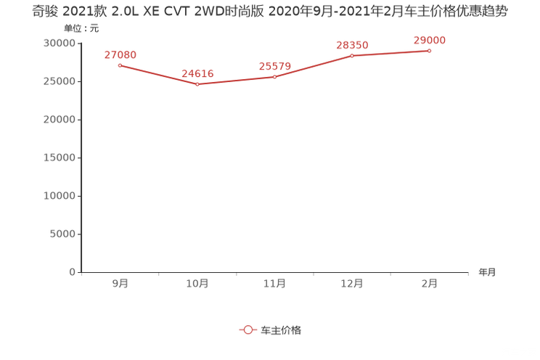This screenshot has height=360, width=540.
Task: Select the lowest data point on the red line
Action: coord(197,83)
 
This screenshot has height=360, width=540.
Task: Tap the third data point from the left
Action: coord(275,76)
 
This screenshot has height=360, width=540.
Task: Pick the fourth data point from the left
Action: coord(353,55)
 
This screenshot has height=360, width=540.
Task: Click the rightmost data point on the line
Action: coord(430,50)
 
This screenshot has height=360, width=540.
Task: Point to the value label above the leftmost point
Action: coord(120,54)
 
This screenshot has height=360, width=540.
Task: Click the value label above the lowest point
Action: coord(197,73)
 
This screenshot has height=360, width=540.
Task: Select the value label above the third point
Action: coord(275,66)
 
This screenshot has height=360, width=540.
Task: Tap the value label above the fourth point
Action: coord(353,45)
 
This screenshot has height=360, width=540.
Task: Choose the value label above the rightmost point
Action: coord(430,40)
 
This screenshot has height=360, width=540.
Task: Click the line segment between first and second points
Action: coord(158,75)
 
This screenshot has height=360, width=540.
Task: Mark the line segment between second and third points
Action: coord(236,80)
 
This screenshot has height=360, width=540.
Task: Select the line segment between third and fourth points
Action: coord(314,66)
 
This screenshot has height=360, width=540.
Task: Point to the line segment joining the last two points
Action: coord(391,53)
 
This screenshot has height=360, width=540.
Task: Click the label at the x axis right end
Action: coord(487,273)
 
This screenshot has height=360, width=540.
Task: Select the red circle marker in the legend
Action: coord(248,330)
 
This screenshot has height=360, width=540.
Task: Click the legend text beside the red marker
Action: coord(280,330)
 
